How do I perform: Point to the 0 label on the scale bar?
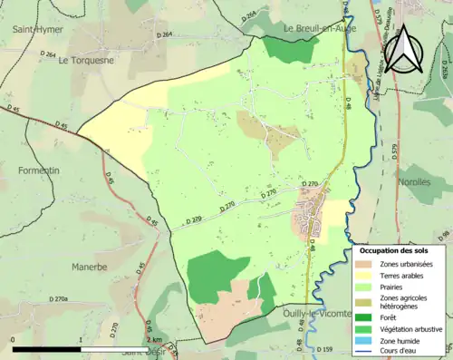tap(14, 338)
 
